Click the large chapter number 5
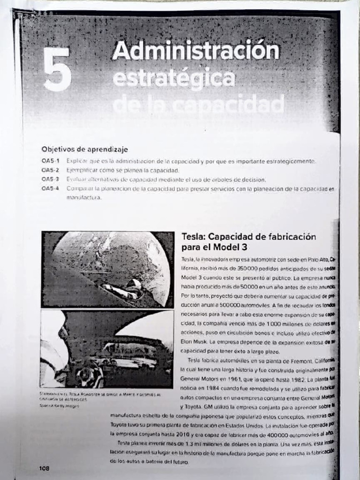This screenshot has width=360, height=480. tap(57, 69)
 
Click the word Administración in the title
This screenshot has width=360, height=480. tap(195, 51)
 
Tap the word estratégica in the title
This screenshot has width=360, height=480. tap(173, 78)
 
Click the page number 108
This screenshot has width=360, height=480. tap(44, 468)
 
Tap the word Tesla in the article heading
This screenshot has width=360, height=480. tap(193, 237)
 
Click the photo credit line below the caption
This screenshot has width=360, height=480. tap(59, 406)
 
